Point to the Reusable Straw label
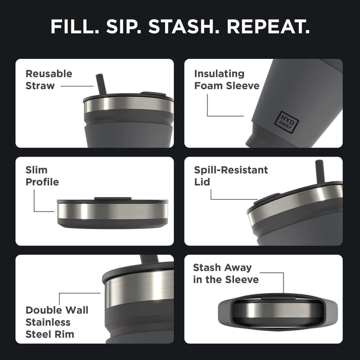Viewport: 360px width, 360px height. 49,79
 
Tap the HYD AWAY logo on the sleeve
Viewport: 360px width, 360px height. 284,118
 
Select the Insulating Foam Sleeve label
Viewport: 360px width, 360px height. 227,79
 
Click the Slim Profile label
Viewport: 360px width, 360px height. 42,176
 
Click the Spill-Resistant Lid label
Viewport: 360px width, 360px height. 231,176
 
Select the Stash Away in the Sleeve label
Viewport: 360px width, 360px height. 225,274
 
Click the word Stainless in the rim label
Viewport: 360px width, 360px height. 48,322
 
